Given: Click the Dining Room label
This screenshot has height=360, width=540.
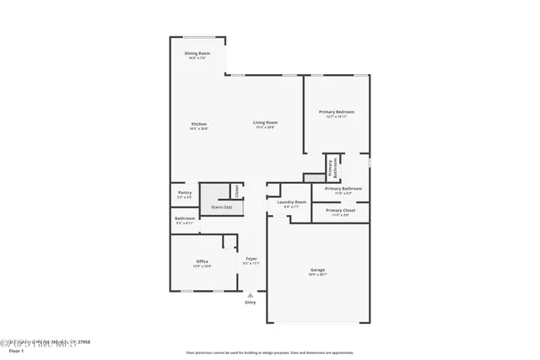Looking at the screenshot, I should pyautogui.click(x=197, y=54).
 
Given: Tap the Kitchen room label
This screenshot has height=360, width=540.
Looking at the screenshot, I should pyautogui.click(x=198, y=124).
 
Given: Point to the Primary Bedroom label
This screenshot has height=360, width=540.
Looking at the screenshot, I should pyautogui.click(x=336, y=112).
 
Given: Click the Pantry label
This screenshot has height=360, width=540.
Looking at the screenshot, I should pyautogui.click(x=185, y=193).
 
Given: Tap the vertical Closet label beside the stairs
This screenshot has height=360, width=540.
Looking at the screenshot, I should pyautogui.click(x=237, y=191).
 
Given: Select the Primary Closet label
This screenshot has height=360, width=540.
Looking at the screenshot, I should pyautogui.click(x=340, y=211).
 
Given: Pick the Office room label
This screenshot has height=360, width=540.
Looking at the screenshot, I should pyautogui.click(x=202, y=262).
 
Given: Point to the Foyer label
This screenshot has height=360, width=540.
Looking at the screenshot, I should pyautogui.click(x=251, y=259).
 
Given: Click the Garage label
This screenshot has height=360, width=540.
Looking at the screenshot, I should pyautogui.click(x=316, y=271).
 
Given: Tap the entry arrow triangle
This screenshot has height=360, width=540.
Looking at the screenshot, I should pyautogui.click(x=250, y=295).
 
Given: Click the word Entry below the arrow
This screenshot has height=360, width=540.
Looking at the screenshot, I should pyautogui.click(x=250, y=302).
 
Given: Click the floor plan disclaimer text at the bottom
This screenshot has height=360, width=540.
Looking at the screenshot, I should pyautogui.click(x=269, y=352).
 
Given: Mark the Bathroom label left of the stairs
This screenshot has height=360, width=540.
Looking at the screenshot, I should pyautogui.click(x=185, y=219).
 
